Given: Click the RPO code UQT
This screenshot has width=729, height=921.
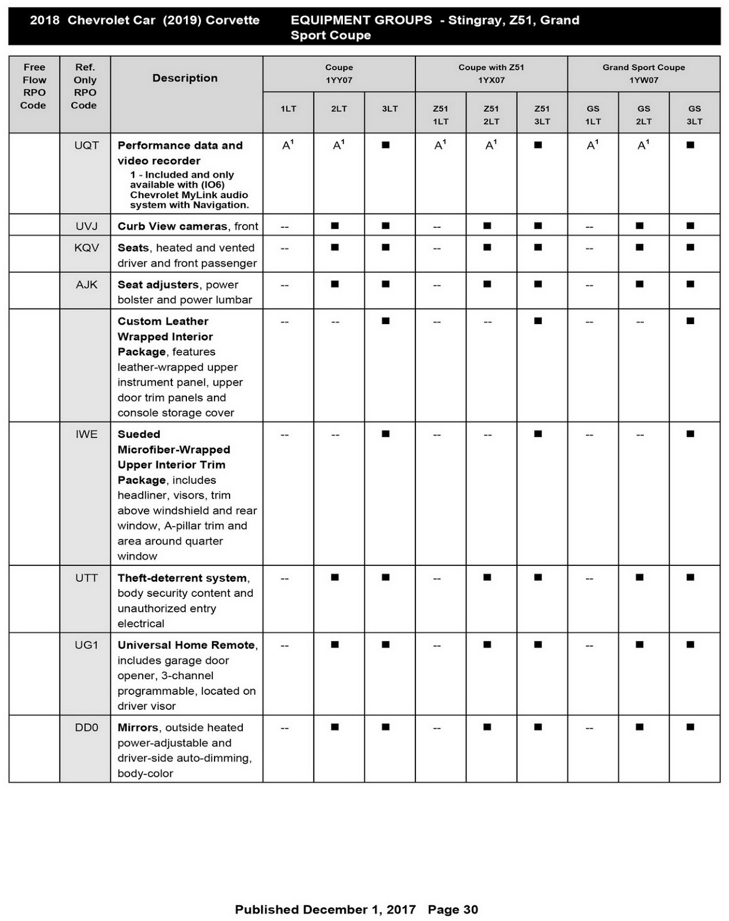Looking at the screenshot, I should point(86,146).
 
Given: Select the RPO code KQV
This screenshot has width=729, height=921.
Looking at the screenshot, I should point(86,248).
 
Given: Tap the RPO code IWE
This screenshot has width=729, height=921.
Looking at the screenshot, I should point(86,434).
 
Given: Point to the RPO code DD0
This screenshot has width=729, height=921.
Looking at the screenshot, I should point(86,728).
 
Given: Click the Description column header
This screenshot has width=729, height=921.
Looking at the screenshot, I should point(185,78).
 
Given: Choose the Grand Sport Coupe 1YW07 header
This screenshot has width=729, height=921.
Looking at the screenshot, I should point(643,74).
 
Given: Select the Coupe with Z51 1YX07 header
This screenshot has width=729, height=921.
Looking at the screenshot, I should point(491,74).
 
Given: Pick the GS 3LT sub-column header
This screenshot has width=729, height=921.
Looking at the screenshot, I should point(694,115).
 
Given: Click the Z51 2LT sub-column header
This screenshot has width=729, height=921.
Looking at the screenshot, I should point(491,115).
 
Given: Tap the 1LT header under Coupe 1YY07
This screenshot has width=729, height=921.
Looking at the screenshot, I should point(288,109).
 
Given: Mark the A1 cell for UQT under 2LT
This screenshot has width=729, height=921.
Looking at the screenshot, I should point(338,146).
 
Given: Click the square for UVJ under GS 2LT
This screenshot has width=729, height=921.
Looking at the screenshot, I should point(639,226).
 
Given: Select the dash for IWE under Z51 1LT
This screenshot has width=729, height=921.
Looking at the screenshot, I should point(437,435).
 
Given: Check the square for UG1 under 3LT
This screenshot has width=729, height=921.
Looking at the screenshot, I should point(386,645).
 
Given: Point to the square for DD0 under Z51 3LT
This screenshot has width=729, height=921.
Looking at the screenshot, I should point(538,727).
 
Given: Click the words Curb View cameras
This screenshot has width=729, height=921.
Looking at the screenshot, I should point(171,226).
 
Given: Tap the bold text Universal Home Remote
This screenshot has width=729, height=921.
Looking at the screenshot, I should point(186,645).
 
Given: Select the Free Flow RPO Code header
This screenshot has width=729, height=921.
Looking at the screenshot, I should point(34,86).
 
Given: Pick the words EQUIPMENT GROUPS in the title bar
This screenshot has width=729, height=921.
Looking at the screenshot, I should point(361,20).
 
